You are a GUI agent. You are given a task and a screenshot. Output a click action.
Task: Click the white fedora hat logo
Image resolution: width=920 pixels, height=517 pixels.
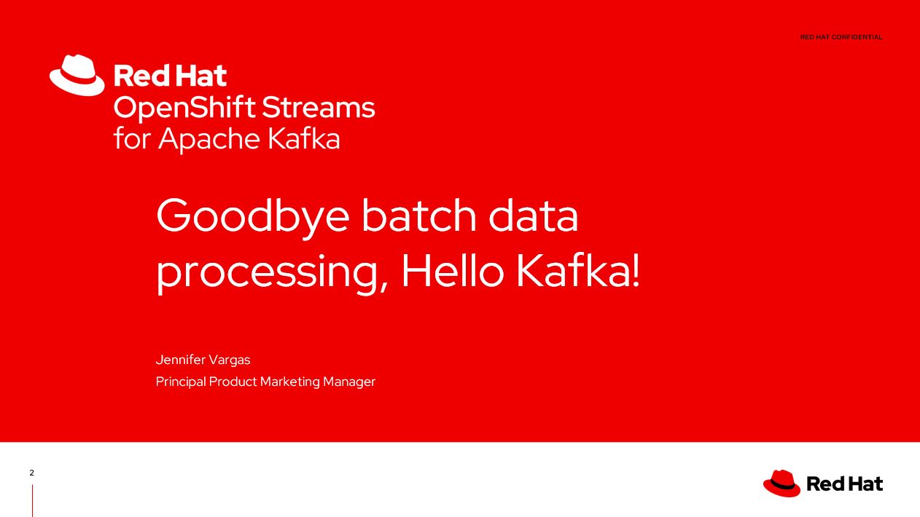click(x=77, y=75)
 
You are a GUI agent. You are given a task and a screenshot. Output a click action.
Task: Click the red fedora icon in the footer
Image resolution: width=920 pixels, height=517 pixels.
click(x=781, y=484)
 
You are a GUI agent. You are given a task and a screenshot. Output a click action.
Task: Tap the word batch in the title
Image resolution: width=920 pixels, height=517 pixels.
click(x=418, y=216)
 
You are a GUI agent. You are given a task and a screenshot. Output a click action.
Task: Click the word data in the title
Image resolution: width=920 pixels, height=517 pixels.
click(x=533, y=216)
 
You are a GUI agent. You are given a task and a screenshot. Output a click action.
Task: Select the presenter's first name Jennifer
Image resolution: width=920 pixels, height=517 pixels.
click(x=180, y=360)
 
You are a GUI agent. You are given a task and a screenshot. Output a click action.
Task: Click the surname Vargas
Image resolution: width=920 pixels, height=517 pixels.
click(x=229, y=360)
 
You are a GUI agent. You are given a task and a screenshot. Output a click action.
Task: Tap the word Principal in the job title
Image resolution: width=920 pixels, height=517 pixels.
click(x=181, y=382)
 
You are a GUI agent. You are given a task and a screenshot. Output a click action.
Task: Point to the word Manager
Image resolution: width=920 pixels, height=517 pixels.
click(x=349, y=382)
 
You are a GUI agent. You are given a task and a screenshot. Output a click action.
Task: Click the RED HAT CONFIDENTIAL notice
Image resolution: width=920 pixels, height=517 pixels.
click(x=841, y=37)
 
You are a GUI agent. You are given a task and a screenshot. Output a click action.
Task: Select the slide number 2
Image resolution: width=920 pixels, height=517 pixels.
click(x=31, y=473)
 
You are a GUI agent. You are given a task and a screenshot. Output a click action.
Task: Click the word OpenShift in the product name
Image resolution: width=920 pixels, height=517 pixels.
click(x=184, y=108)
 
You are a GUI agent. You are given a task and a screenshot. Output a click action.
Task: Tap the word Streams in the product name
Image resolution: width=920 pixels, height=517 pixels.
click(x=319, y=108)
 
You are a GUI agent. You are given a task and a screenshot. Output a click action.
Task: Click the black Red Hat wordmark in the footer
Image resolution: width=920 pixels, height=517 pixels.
click(x=845, y=484)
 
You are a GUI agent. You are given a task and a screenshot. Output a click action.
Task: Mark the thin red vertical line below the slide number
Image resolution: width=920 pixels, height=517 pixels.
click(x=33, y=500)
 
